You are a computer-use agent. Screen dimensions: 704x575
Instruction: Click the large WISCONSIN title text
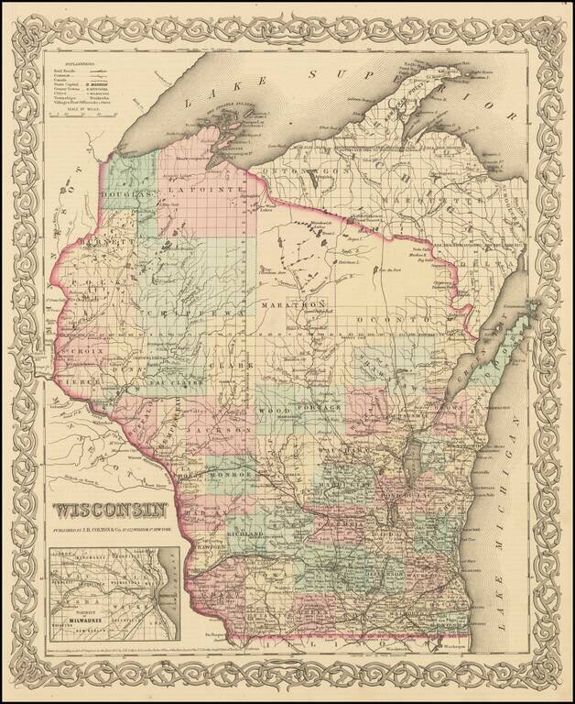click(110, 510)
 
